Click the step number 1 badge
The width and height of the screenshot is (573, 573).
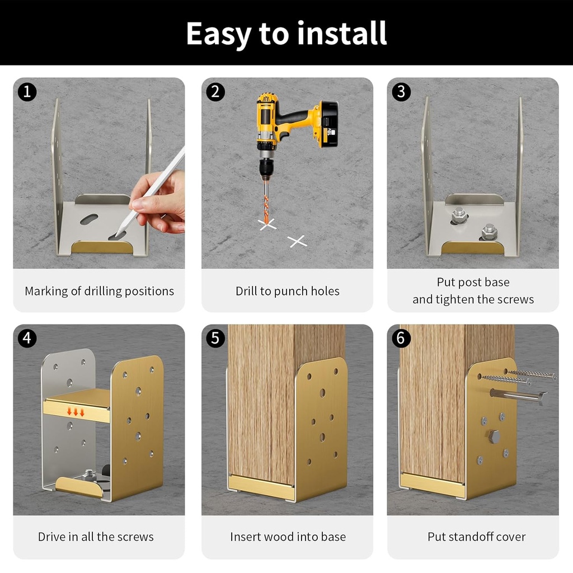(27, 92)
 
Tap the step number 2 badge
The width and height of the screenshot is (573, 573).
(215, 92)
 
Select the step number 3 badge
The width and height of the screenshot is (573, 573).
(401, 92)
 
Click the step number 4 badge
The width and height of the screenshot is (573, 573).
(27, 338)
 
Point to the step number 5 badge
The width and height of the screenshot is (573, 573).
(215, 338)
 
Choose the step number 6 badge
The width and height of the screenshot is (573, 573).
(401, 338)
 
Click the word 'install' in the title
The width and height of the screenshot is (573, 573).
(342, 34)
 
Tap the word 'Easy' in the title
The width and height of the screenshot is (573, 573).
(218, 34)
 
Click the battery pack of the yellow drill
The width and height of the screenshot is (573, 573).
(327, 124)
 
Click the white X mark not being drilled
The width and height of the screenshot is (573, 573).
(297, 241)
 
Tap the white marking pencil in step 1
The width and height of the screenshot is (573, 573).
(159, 181)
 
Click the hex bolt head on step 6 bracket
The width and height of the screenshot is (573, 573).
(494, 436)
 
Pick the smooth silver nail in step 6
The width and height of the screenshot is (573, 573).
(518, 396)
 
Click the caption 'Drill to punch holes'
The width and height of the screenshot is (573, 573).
(287, 291)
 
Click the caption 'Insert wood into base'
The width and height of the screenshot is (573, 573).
(288, 537)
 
